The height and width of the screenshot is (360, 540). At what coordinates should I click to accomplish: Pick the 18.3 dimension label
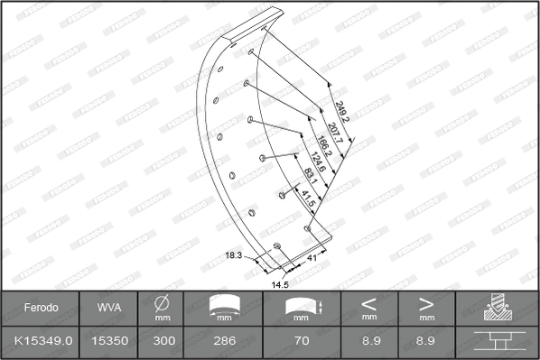pos(233,257)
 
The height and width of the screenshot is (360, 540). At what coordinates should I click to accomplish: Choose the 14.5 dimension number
pos(279,286)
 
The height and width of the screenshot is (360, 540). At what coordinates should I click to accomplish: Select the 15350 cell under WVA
pos(106,341)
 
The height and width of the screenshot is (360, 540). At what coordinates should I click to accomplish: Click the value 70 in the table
pos(303,341)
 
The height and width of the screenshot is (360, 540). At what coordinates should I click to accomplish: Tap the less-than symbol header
pos(368,303)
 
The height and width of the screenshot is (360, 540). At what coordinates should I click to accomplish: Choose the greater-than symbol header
pos(425,303)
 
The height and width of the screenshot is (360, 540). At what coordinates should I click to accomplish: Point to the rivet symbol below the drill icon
pos(496,342)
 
